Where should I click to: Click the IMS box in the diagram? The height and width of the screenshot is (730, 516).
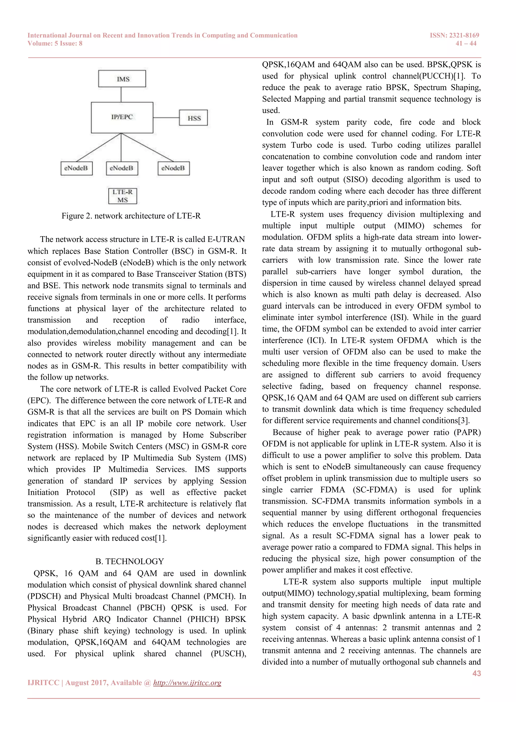tap(122, 79)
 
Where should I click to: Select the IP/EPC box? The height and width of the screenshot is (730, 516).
tap(122, 117)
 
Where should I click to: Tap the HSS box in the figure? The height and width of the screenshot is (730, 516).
tap(193, 118)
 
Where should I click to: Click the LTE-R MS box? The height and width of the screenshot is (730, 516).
tap(123, 196)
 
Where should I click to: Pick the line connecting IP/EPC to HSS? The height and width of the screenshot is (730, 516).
tap(166, 118)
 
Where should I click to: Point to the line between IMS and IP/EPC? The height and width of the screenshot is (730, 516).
tap(121, 95)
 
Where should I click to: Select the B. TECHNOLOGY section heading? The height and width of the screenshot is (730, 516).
tap(130, 561)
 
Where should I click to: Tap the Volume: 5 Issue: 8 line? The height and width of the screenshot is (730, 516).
tap(55, 44)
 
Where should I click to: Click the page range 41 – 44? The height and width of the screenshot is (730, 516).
tap(466, 44)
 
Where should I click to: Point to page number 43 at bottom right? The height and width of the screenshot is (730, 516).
tap(477, 673)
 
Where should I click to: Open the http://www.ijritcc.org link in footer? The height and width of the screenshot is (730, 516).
tap(187, 683)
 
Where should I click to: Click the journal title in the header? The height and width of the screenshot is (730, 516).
tap(162, 35)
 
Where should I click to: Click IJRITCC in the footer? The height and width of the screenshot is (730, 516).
tap(43, 683)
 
